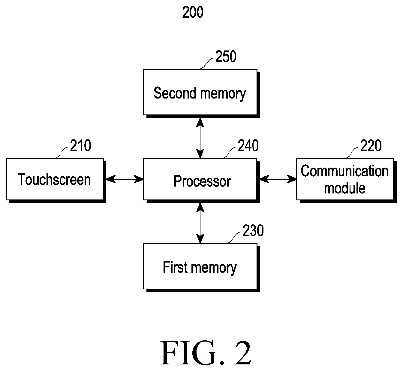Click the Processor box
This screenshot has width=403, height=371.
click(x=202, y=181)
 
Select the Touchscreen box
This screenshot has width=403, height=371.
click(x=56, y=181)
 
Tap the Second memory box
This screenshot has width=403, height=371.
click(x=202, y=93)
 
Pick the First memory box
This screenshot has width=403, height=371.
click(x=202, y=268)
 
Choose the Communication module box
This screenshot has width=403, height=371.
click(x=347, y=181)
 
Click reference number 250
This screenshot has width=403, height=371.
click(x=226, y=56)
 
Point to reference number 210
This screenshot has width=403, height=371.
click(x=80, y=145)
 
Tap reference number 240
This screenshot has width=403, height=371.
click(x=248, y=145)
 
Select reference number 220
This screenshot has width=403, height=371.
click(x=371, y=145)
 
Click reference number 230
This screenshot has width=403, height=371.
click(x=253, y=230)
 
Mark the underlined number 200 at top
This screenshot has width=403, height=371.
click(x=193, y=13)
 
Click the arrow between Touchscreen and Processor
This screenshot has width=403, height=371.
click(x=125, y=179)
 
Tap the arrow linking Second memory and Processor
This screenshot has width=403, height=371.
click(x=200, y=138)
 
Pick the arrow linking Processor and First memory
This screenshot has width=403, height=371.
click(x=200, y=223)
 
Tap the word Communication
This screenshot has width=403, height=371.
click(x=345, y=171)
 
